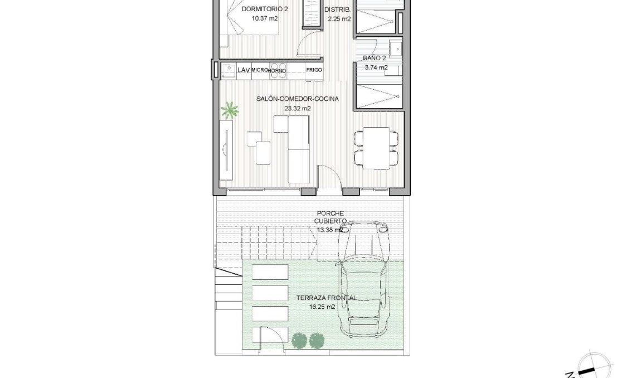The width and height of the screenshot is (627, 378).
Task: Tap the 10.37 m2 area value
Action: pos(265,18)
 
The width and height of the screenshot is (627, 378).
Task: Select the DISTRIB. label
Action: pos(339,9)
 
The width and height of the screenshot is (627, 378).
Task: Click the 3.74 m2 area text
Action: pos(376,67)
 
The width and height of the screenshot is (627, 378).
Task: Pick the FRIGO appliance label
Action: pos(314,70)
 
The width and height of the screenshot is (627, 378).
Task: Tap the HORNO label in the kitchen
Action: pos(278,70)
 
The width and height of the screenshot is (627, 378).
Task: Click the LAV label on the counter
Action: pos(242,70)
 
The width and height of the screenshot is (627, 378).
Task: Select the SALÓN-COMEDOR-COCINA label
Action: pos(298,99)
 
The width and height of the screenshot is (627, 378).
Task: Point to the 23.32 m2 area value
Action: pos(298,109)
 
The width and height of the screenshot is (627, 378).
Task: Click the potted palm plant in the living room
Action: pos(229,110)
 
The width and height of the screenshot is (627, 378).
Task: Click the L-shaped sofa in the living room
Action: pos(295,149)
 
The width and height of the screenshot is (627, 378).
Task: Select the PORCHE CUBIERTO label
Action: pos(330,217)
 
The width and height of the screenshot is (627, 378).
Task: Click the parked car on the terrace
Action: pos(364,279)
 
